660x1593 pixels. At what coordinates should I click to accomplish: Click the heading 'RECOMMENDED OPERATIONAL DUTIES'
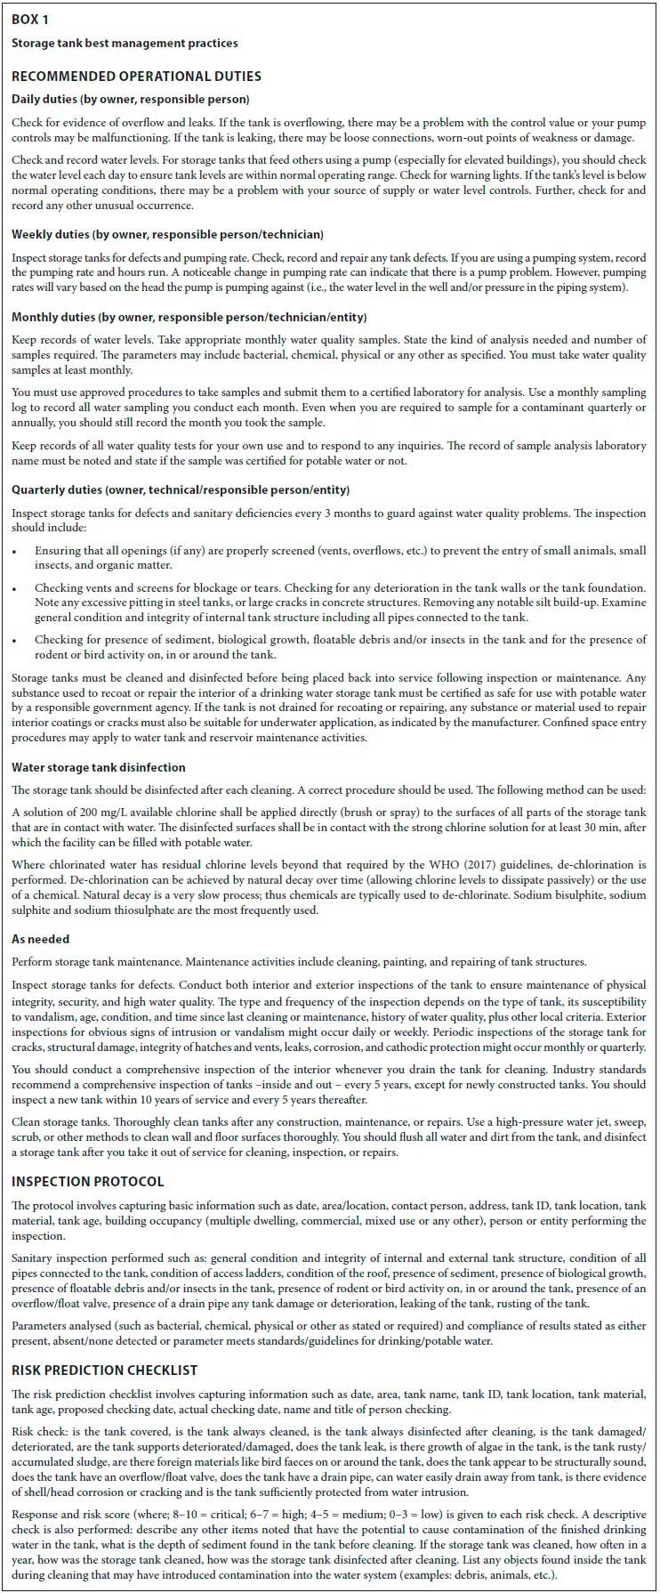coord(136,77)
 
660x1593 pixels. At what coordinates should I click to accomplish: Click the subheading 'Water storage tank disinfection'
coord(99,766)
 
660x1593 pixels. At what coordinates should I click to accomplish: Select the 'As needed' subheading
coord(40,939)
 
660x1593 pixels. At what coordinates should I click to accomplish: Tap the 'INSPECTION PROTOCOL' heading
coord(88,1182)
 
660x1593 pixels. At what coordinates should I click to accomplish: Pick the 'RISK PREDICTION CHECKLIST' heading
coord(104,1371)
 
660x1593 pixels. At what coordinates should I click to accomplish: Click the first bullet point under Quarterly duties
coord(17,552)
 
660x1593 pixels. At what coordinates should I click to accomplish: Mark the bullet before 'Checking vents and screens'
coord(17,588)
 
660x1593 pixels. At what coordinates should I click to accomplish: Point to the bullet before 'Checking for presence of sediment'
coord(17,640)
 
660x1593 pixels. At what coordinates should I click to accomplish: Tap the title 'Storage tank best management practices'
coord(125,43)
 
